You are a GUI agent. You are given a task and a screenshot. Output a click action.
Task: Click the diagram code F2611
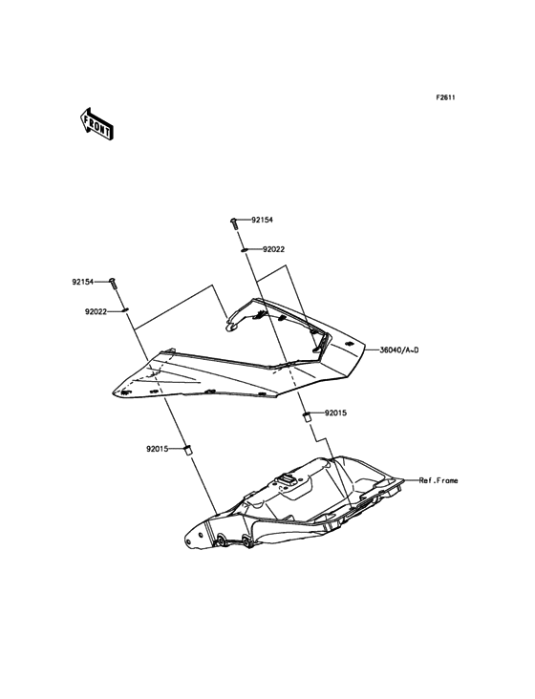[x=445, y=97]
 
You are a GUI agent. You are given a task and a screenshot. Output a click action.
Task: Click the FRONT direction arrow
[x=96, y=124]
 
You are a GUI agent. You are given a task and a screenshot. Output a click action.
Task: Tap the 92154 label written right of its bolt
[x=262, y=220]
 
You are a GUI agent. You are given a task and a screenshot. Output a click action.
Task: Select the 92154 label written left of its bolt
[x=83, y=282]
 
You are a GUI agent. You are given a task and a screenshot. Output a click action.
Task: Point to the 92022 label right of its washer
[x=273, y=249]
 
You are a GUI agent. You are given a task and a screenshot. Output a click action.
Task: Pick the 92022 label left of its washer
[x=96, y=312]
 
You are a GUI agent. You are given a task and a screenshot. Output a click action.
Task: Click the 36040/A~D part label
[x=399, y=349]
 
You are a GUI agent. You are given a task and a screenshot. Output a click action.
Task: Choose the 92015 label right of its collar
[x=335, y=413]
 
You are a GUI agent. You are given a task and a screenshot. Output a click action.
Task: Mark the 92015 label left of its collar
[x=157, y=449]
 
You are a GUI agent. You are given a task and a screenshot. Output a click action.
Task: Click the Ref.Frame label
[x=439, y=480]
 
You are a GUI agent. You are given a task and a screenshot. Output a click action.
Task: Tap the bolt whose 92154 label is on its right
[x=234, y=222]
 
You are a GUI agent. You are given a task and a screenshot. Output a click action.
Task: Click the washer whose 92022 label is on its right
[x=244, y=251]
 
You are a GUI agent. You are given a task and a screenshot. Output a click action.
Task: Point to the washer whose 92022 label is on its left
[x=125, y=310]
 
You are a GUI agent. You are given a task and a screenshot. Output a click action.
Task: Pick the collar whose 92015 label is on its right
[x=307, y=416]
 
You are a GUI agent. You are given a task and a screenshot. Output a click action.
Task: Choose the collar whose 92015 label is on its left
[x=188, y=449]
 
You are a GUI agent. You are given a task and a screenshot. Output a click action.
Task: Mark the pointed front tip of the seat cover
[x=113, y=392]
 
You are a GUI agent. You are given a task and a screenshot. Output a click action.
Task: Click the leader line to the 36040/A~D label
[x=372, y=349]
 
